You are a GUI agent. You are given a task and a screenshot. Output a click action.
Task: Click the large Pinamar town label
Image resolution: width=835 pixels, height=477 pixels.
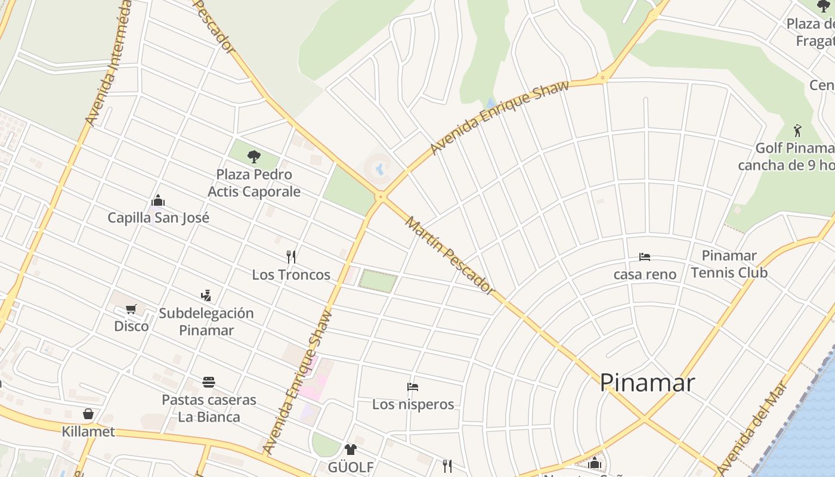[x=647, y=382]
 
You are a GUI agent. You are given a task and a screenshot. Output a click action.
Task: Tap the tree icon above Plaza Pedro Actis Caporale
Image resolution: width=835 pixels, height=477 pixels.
[x=254, y=157]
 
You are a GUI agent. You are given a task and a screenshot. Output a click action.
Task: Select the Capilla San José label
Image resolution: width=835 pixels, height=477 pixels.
[x=158, y=218]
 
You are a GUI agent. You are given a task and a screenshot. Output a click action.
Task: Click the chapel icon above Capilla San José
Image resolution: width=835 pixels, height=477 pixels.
[x=158, y=200]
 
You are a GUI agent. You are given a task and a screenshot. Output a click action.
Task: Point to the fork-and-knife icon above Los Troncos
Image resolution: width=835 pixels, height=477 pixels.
[x=291, y=257]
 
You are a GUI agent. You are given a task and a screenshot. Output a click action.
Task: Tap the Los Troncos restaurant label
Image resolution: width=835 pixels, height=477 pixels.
[x=291, y=275]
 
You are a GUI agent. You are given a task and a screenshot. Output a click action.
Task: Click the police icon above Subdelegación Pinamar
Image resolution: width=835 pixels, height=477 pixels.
[x=206, y=295]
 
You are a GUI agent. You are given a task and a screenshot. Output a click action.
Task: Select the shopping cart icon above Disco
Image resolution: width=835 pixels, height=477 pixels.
[x=131, y=309]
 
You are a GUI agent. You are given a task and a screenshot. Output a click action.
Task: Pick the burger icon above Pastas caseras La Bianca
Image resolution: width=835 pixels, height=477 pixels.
[x=208, y=382]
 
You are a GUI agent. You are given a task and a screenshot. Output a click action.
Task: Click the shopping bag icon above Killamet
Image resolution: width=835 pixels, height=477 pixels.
[x=88, y=414]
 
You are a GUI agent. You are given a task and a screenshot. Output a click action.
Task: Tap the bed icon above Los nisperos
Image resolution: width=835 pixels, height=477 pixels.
[x=412, y=387]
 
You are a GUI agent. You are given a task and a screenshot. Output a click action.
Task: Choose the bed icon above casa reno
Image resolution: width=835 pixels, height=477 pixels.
[x=645, y=257]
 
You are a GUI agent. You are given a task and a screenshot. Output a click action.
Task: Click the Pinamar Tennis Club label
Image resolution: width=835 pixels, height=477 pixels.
[x=729, y=264]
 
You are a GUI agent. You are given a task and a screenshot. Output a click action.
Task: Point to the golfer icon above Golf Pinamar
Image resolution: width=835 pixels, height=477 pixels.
[x=797, y=131]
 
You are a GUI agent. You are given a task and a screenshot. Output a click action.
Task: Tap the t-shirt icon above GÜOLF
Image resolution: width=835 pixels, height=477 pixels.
[x=350, y=450]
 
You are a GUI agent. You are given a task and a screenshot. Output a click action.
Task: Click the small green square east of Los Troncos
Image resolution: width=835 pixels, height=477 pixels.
[x=378, y=281]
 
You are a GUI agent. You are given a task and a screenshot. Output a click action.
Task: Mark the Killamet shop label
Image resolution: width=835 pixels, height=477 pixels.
[x=88, y=431]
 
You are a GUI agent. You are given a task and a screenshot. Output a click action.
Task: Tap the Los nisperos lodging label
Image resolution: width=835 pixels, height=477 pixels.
[x=413, y=404]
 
